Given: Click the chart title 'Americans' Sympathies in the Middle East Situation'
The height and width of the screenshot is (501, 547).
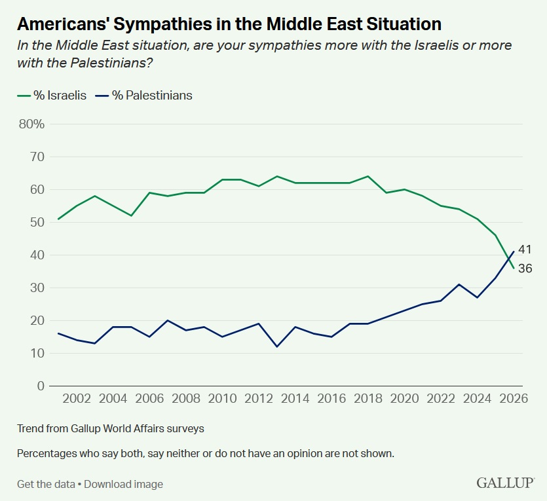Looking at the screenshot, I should (x=229, y=24).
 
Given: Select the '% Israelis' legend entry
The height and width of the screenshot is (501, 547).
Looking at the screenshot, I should (x=51, y=95).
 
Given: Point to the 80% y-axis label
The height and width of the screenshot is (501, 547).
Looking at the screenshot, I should (x=31, y=124).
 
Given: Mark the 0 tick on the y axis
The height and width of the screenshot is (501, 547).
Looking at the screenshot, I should (x=39, y=386).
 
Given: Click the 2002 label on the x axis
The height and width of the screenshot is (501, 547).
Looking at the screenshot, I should (x=77, y=399).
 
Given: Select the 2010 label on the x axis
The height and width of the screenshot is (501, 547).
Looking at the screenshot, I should (x=222, y=399).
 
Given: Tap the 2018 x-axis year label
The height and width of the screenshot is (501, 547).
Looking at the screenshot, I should (x=368, y=399).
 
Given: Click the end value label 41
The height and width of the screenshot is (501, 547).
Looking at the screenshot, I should (x=524, y=249).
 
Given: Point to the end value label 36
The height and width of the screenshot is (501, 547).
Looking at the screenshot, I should (x=524, y=268).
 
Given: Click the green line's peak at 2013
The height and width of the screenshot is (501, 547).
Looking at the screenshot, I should (x=277, y=176).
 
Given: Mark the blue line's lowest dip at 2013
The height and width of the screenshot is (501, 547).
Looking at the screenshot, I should (x=277, y=346).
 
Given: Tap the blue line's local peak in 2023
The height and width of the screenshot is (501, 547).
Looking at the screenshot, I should (x=459, y=284).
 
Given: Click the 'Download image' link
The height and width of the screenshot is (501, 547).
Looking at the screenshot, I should (x=123, y=484).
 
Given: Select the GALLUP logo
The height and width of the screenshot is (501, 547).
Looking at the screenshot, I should (x=505, y=483).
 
